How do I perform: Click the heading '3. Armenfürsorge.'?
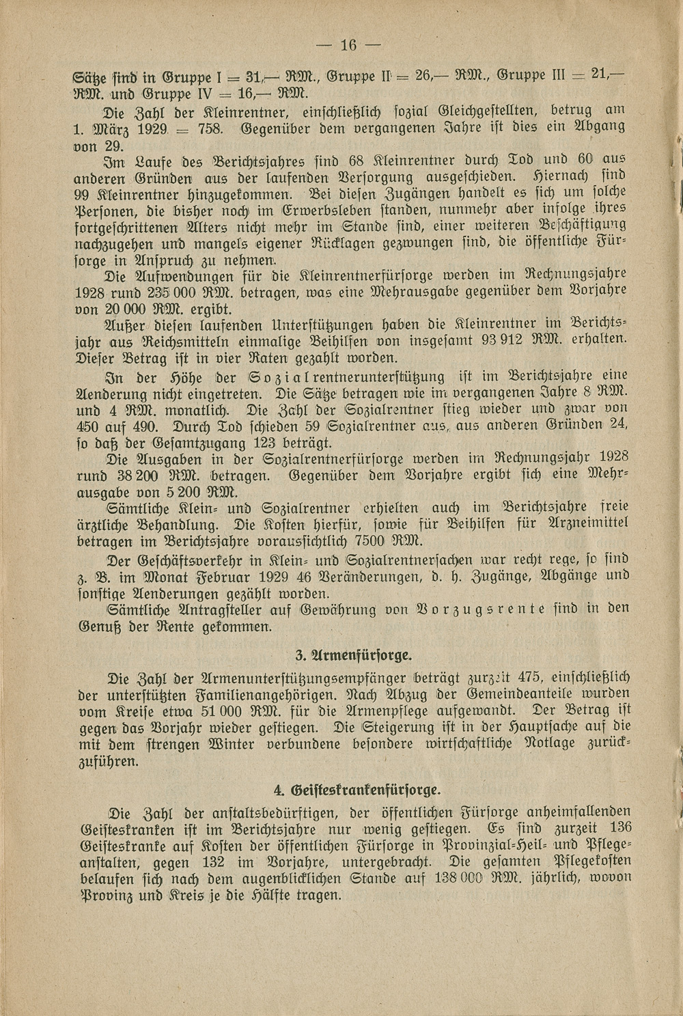[354, 656]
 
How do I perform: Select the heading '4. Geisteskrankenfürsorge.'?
[357, 790]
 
